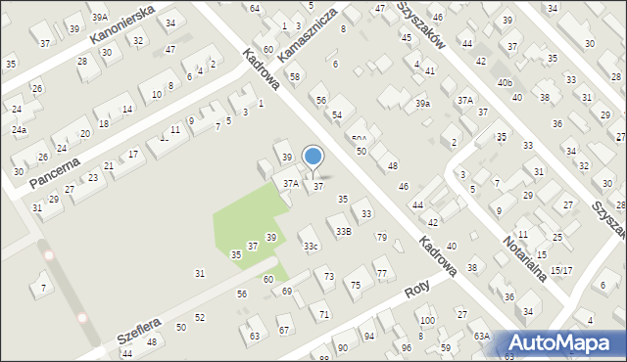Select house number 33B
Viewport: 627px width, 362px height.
(x=343, y=231)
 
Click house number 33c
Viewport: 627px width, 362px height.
(x=310, y=246)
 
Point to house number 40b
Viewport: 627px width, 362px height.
(x=505, y=83)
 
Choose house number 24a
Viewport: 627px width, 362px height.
(x=20, y=129)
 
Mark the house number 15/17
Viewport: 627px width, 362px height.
(x=561, y=270)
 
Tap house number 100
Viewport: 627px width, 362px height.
(x=426, y=320)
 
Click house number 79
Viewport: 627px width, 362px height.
(x=381, y=237)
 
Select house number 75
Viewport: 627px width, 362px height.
(x=356, y=284)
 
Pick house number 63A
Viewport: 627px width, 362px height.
(x=481, y=335)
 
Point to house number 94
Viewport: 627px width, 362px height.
(x=369, y=336)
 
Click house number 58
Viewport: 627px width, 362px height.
(x=295, y=75)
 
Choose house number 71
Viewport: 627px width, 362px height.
(x=324, y=313)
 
